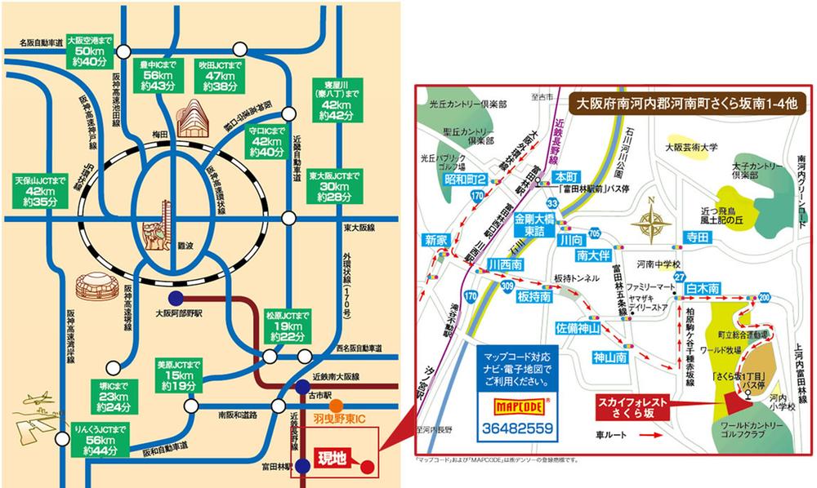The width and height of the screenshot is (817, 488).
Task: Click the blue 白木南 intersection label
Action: click(x=703, y=288)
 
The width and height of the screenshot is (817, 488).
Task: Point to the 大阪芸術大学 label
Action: click(x=691, y=148)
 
